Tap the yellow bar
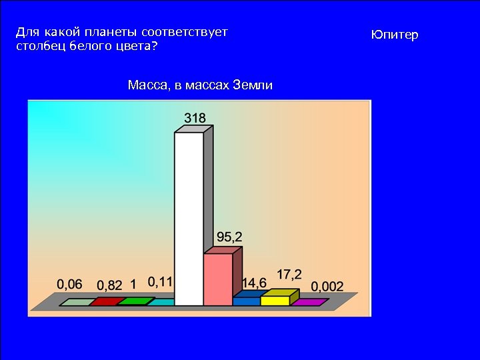click(275, 300)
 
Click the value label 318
click(195, 118)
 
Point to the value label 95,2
click(229, 237)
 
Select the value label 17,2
click(289, 274)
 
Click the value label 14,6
click(254, 283)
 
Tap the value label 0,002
click(327, 287)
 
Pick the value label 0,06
click(69, 284)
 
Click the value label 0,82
click(109, 285)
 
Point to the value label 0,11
click(160, 282)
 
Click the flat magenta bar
click(310, 302)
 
